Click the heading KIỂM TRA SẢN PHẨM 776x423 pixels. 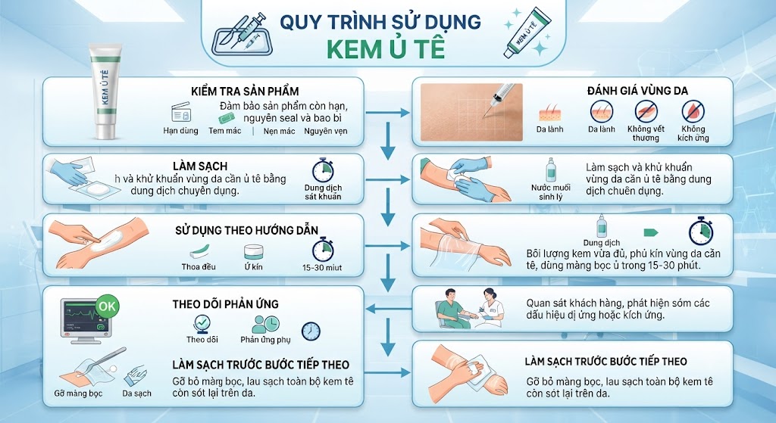[x=245, y=91]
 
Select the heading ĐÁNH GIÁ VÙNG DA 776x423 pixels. [x=637, y=91]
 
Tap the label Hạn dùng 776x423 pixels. [x=180, y=130]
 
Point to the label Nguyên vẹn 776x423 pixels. [x=326, y=131]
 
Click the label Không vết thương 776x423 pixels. [x=646, y=133]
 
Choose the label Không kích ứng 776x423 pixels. [x=693, y=133]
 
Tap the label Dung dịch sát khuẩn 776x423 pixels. [x=323, y=191]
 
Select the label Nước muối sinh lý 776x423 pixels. [x=551, y=192]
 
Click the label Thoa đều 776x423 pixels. [x=199, y=267]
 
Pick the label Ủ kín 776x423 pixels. [x=253, y=267]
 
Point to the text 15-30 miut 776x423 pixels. [x=322, y=267]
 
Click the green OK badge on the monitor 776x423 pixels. [x=107, y=306]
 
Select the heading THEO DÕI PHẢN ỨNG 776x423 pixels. [x=225, y=304]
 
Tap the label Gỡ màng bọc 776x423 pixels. [x=78, y=393]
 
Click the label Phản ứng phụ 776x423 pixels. [x=265, y=340]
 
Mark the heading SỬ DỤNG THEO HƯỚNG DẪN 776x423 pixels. [x=246, y=230]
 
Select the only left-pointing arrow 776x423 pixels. [x=389, y=309]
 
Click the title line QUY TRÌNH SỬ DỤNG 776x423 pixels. [x=380, y=22]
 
